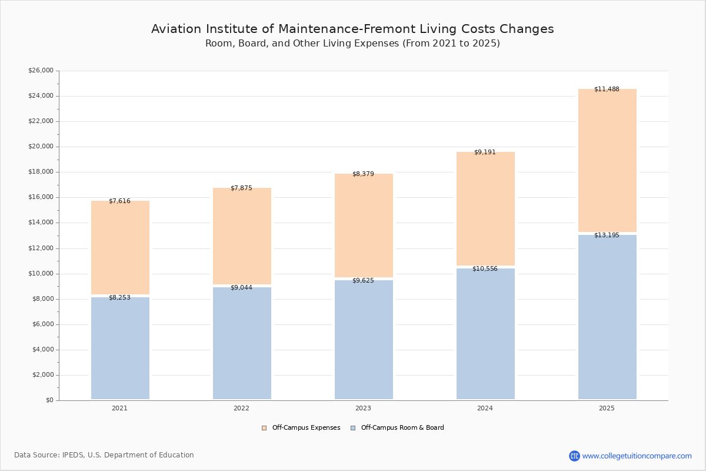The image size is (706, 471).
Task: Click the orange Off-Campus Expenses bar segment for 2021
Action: (120, 247)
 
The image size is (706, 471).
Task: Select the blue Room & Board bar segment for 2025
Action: (607, 317)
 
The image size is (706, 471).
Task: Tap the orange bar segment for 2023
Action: (364, 225)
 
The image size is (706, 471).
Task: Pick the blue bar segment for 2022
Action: (242, 343)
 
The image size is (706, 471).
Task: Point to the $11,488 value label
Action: (607, 89)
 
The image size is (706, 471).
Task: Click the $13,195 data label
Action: (607, 235)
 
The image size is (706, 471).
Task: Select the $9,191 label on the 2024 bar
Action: (485, 152)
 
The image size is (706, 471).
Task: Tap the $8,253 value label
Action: (120, 297)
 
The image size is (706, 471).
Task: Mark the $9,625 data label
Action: (363, 280)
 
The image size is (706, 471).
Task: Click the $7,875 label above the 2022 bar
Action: (241, 188)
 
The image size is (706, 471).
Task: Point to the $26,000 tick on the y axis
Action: (41, 70)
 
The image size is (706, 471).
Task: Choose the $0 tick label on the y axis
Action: (50, 400)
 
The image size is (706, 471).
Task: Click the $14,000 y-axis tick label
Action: (41, 223)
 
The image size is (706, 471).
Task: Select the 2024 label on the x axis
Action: (485, 408)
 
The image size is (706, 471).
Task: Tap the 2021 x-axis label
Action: (120, 408)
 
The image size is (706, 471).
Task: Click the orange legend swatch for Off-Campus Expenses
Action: (264, 428)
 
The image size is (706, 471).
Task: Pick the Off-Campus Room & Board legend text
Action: (402, 427)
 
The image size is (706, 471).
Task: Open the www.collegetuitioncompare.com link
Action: (637, 456)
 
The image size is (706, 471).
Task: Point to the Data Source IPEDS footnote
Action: (104, 455)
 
